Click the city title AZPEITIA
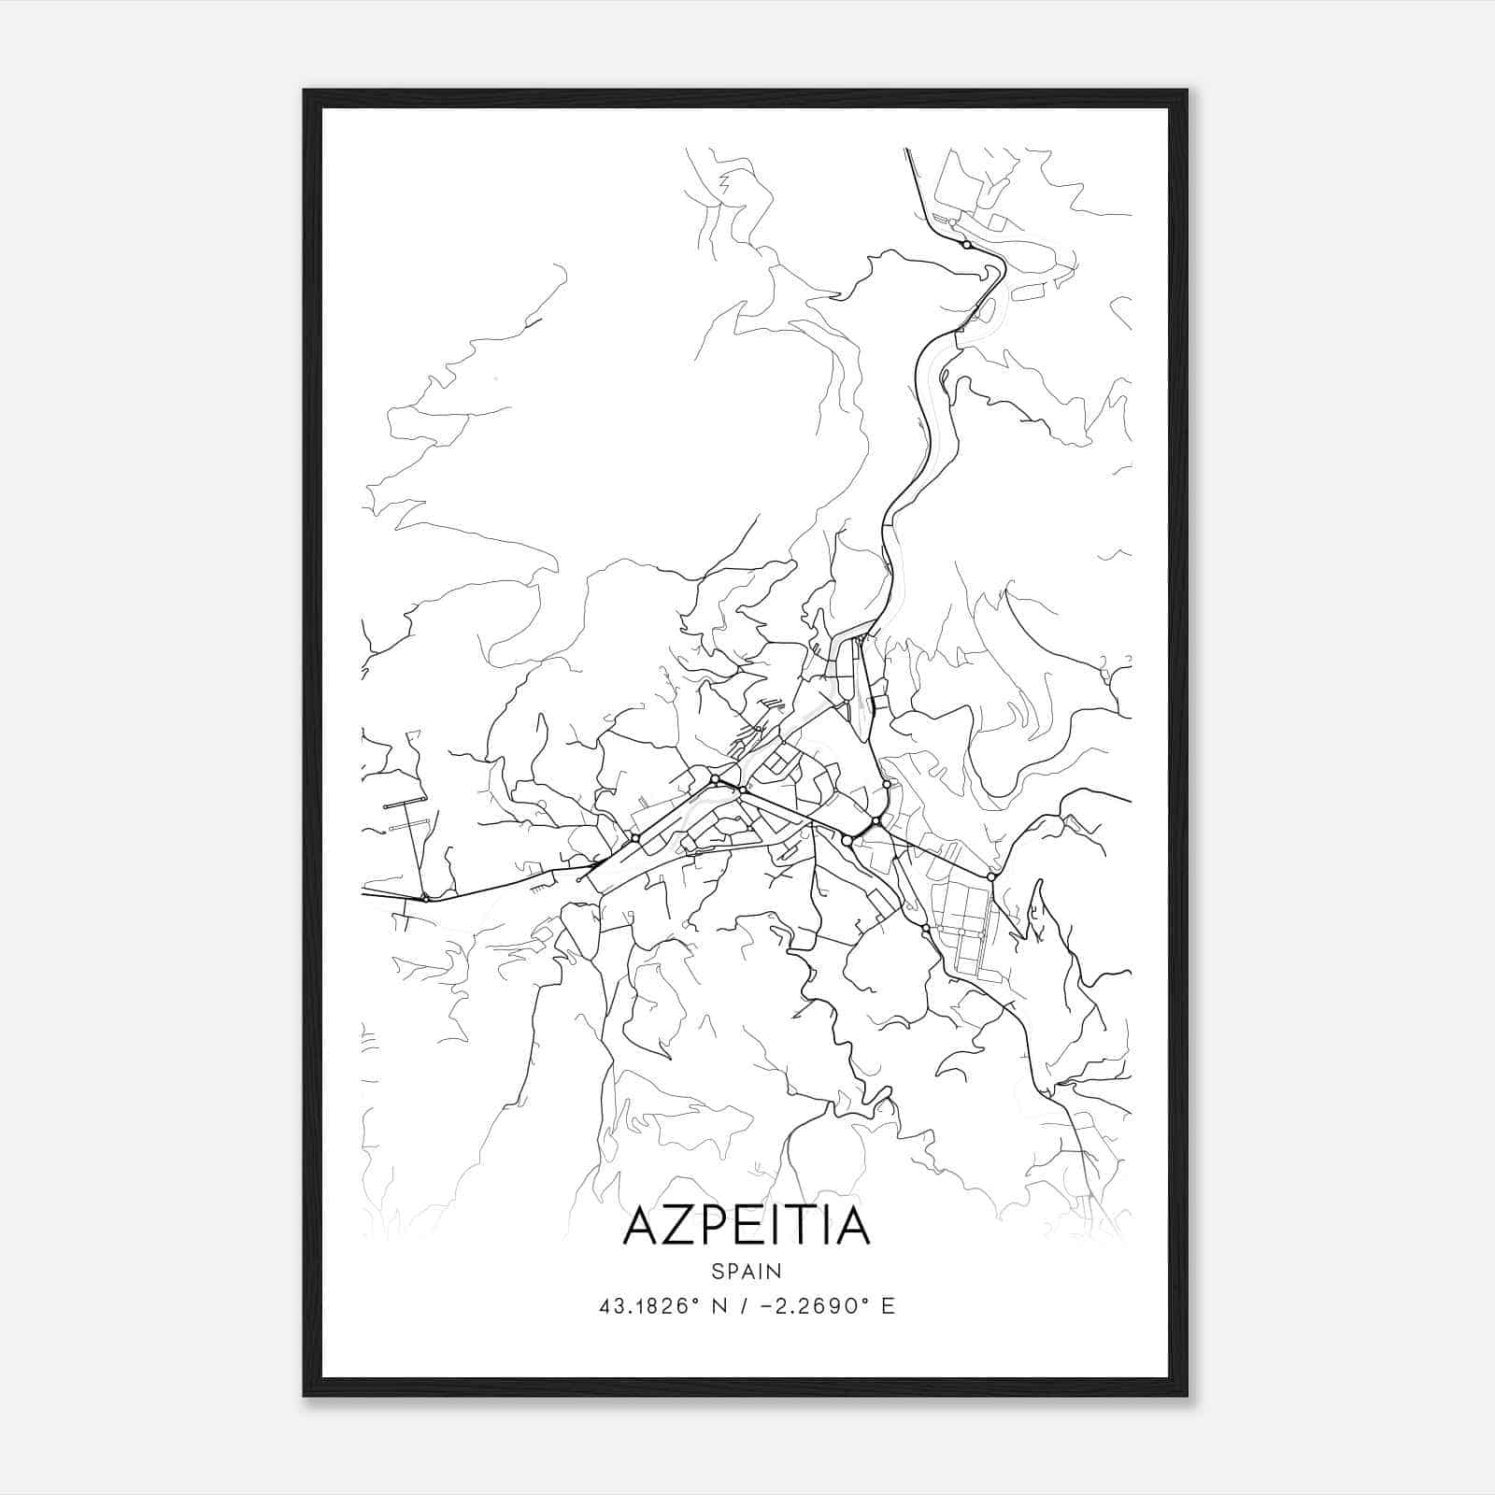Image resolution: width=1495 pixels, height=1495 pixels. (x=747, y=1225)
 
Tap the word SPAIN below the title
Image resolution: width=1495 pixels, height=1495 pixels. (x=747, y=1271)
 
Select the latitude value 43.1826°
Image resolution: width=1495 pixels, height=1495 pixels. (x=649, y=1306)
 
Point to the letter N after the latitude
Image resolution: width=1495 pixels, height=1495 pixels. (x=719, y=1306)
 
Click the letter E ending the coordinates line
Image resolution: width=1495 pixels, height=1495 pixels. (x=888, y=1306)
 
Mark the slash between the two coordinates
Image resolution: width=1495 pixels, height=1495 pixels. (x=745, y=1306)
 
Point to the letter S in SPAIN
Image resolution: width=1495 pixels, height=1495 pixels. (x=716, y=1271)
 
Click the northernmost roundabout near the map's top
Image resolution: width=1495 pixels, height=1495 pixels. (x=966, y=245)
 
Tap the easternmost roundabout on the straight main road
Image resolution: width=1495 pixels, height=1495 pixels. (x=990, y=876)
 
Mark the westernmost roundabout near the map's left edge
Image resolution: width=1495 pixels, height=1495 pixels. (x=425, y=898)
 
